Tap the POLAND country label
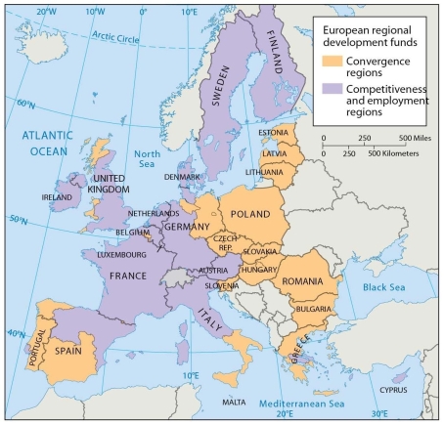[x=252, y=213]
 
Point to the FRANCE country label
[x=127, y=276]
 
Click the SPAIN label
[x=67, y=350]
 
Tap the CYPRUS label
[x=392, y=389]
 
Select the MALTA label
[x=234, y=402]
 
